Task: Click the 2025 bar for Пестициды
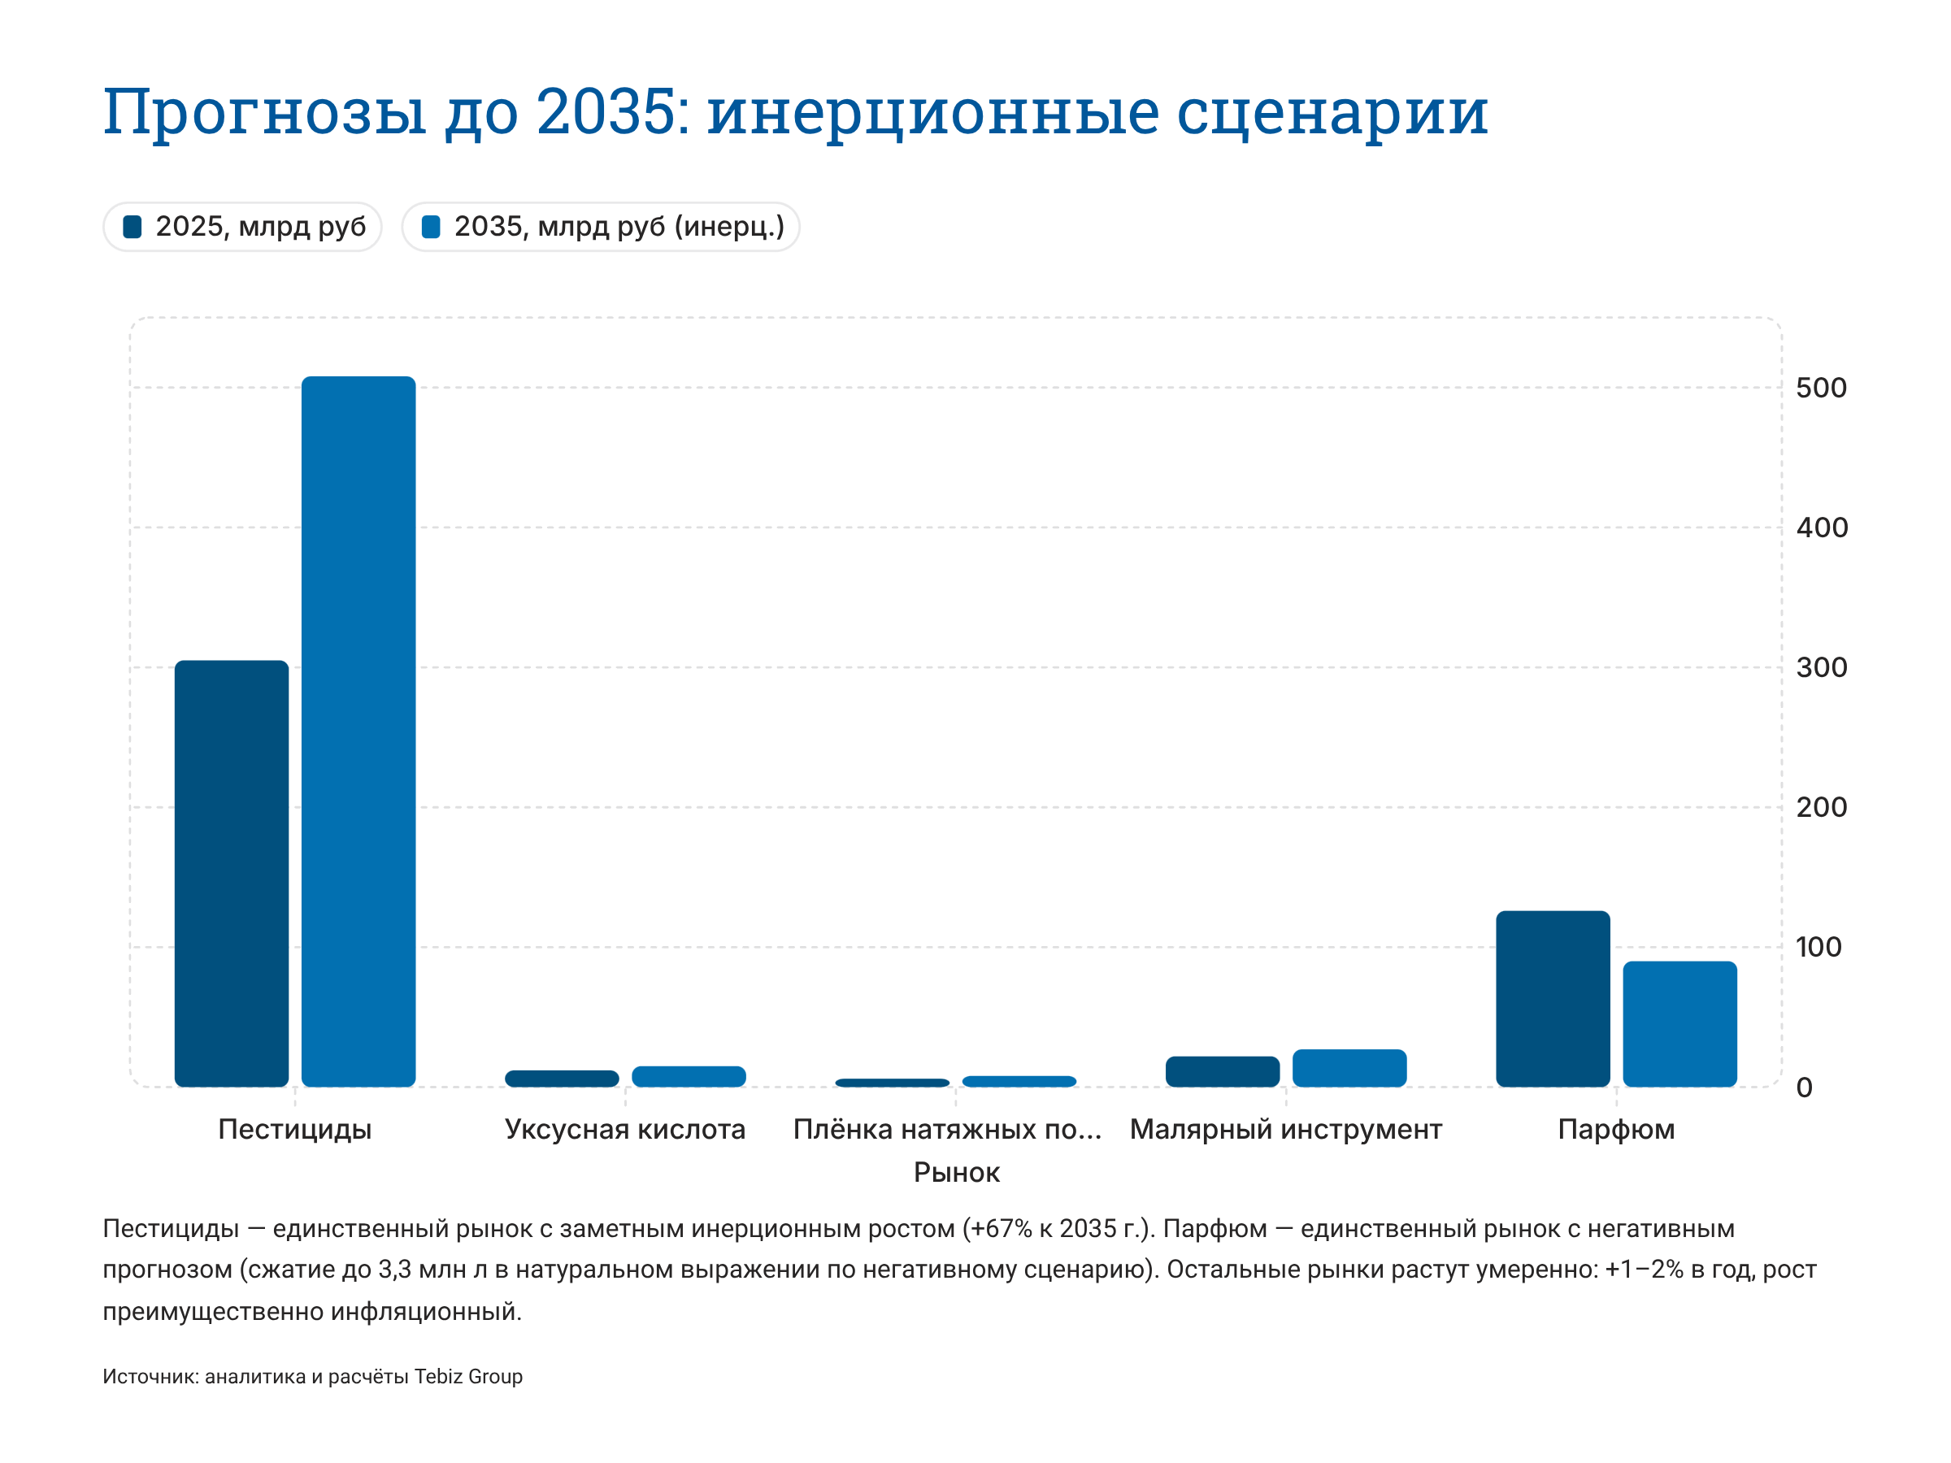[231, 873]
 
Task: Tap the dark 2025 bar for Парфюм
[1553, 998]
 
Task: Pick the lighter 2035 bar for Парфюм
[1679, 1023]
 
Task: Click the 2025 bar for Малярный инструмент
[1222, 1071]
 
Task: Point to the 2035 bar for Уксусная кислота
[689, 1076]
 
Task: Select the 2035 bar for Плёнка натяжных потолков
[1019, 1081]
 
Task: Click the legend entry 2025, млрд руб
[242, 227]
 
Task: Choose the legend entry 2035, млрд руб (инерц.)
[601, 227]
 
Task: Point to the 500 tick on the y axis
[1820, 388]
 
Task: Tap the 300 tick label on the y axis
[1820, 667]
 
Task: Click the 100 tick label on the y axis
[1818, 947]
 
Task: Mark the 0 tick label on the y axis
[1804, 1087]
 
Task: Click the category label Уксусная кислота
[624, 1129]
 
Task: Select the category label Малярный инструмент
[1285, 1129]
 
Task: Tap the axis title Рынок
[956, 1172]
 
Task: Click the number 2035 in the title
[605, 112]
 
